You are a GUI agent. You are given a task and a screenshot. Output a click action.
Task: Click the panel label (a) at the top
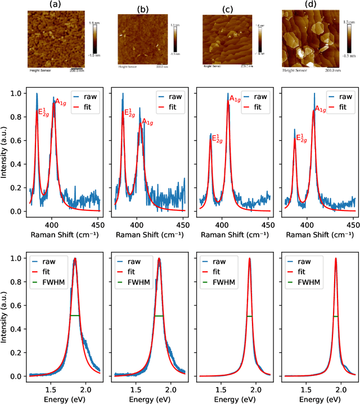tap(56, 6)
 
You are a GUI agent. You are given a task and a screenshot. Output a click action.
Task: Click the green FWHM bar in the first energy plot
tap(75, 316)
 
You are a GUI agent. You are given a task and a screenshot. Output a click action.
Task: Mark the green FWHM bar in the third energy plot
tap(250, 316)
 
